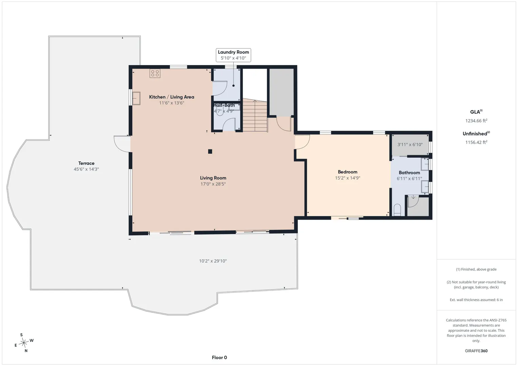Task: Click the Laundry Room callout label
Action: click(233, 55)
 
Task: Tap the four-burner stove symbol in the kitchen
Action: click(155, 74)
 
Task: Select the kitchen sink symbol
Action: click(136, 98)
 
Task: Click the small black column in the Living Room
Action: click(210, 151)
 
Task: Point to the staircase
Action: click(255, 115)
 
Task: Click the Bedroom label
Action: click(348, 172)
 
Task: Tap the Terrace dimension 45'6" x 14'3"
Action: click(86, 169)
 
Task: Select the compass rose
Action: click(24, 343)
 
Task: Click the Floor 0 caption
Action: click(219, 358)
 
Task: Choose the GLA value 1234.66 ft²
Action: click(476, 120)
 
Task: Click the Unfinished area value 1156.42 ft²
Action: click(476, 142)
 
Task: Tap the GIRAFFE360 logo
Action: click(476, 351)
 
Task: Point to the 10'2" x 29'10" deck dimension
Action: click(213, 261)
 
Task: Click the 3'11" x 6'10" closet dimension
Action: click(410, 144)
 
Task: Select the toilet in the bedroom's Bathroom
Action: click(397, 210)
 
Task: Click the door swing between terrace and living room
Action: click(122, 144)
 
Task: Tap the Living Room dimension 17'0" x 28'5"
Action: click(213, 184)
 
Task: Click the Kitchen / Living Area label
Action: click(172, 97)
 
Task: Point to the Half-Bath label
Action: click(224, 105)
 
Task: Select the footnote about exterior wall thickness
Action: click(476, 300)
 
